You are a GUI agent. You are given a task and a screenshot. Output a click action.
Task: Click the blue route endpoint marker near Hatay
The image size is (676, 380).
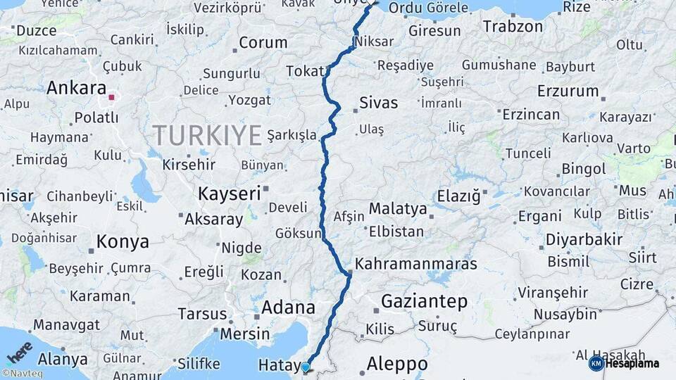pos(305,367)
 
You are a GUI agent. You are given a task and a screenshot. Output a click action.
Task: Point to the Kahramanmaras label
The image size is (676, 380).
pos(416,265)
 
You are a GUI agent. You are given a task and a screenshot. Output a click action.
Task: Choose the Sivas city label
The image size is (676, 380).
pos(378,103)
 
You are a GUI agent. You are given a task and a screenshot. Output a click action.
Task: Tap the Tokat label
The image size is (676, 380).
pos(305,71)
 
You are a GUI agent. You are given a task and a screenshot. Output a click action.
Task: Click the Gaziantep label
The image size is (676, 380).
pos(424,302)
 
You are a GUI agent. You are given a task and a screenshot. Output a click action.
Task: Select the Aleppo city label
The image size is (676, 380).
pos(397,364)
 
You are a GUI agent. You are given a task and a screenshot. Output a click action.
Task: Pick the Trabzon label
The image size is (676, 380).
pos(513,27)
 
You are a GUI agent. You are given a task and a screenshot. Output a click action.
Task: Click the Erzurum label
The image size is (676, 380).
pos(568,91)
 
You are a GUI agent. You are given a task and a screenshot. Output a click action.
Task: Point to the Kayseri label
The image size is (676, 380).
pos(229,193)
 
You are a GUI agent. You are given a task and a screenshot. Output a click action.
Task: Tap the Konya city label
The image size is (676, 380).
pos(123,242)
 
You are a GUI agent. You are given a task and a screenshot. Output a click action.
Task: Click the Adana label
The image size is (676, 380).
pos(288,308)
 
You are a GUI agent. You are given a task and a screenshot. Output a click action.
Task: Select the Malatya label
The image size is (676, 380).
pos(398,209)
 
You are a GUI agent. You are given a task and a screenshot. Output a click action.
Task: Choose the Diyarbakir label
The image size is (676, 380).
pos(584,239)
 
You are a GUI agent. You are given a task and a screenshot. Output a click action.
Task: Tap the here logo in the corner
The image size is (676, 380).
pos(20,351)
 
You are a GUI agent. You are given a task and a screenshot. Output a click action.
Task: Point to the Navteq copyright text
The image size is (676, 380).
pos(23,374)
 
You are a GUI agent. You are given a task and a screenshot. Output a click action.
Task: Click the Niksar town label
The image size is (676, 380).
pos(375,42)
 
